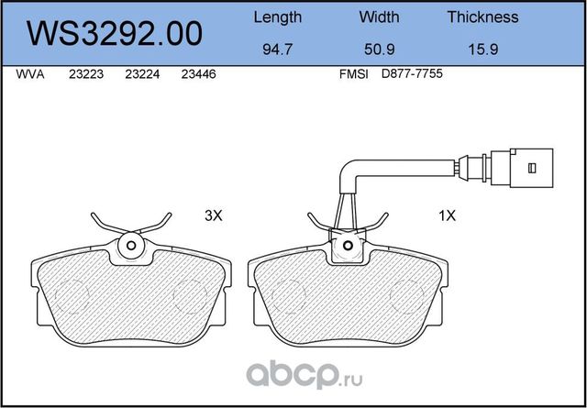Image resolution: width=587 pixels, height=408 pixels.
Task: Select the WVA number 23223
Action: coord(85,77)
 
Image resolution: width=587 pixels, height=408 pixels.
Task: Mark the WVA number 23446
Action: coord(198,77)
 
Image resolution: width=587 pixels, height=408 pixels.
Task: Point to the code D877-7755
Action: coord(414,77)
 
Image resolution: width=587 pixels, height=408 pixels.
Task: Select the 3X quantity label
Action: coord(213,217)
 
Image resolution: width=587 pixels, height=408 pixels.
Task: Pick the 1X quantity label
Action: coord(448,217)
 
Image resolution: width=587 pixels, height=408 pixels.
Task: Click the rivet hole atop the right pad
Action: coord(346,245)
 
